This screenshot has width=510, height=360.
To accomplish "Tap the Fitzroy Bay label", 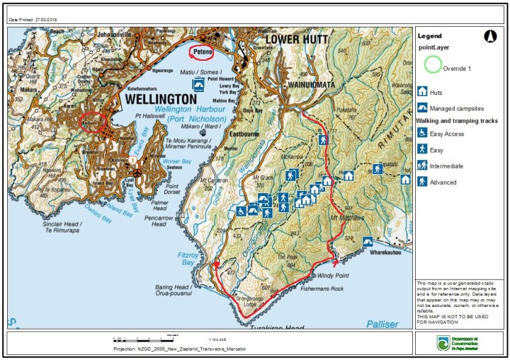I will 186,258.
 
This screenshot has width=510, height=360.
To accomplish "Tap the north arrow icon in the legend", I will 489,35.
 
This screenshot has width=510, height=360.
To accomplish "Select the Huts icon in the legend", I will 422,91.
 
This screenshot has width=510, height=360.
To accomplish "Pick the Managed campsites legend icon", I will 422,108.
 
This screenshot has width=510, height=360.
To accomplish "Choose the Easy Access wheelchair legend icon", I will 422,133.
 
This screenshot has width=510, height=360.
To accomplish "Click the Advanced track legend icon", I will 422,182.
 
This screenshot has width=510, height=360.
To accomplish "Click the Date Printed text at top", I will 28,19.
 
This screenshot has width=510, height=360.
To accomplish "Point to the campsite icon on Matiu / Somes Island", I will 200,84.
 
